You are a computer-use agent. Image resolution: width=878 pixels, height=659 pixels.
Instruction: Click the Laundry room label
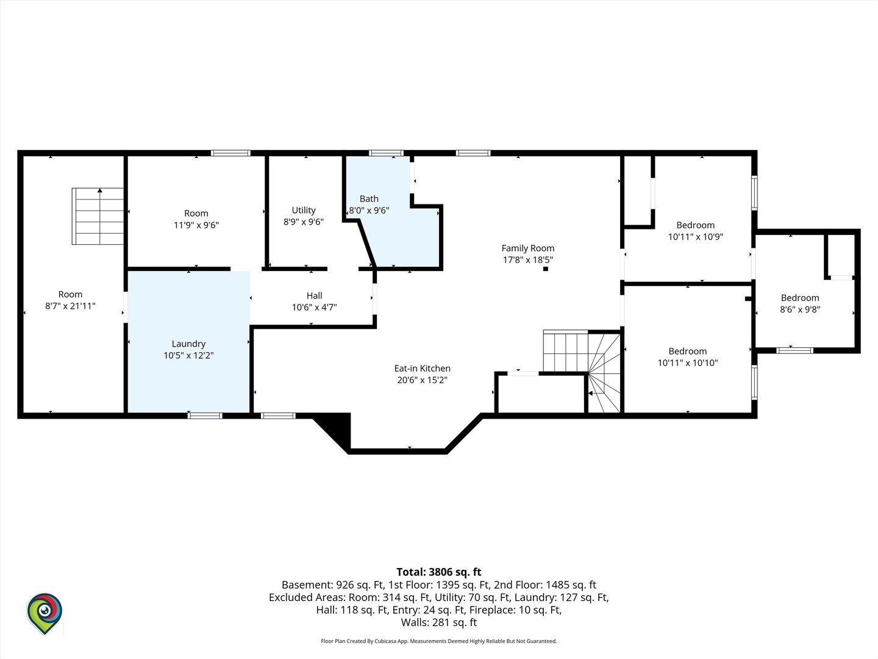[x=188, y=344]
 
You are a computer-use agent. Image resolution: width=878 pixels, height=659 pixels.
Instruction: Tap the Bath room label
[x=369, y=198]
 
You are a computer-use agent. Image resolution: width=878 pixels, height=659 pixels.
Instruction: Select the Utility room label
[x=304, y=210]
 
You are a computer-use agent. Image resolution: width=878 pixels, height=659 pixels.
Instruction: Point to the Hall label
[x=315, y=296]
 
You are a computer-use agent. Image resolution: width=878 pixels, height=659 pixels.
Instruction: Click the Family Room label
[x=528, y=248]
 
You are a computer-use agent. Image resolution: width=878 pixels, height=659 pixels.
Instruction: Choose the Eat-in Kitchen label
[x=423, y=368]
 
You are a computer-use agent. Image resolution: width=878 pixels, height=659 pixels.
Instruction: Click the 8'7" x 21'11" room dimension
[x=70, y=306]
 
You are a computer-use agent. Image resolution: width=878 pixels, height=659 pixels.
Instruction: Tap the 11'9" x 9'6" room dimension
[x=196, y=225]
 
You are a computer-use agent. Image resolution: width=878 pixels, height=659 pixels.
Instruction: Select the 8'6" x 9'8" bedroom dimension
[x=800, y=309]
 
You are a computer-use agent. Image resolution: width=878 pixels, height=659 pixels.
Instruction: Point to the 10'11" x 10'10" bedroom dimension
[x=688, y=363]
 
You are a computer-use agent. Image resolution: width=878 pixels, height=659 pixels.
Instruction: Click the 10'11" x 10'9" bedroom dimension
[x=696, y=237]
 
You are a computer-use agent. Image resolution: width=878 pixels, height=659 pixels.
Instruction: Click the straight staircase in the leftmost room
[x=98, y=216]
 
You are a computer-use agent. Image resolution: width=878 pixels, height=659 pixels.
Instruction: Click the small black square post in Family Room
[x=545, y=269]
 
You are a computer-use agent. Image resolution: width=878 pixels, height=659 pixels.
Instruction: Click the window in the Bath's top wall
[x=386, y=153]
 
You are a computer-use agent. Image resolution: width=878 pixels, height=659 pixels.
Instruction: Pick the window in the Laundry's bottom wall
[x=205, y=416]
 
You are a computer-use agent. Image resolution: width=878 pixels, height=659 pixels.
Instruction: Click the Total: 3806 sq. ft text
[x=439, y=572]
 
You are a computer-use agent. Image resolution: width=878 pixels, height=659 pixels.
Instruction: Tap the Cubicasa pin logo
[x=45, y=614]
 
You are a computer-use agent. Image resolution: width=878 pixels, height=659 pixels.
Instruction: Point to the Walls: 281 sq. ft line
[x=439, y=622]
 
